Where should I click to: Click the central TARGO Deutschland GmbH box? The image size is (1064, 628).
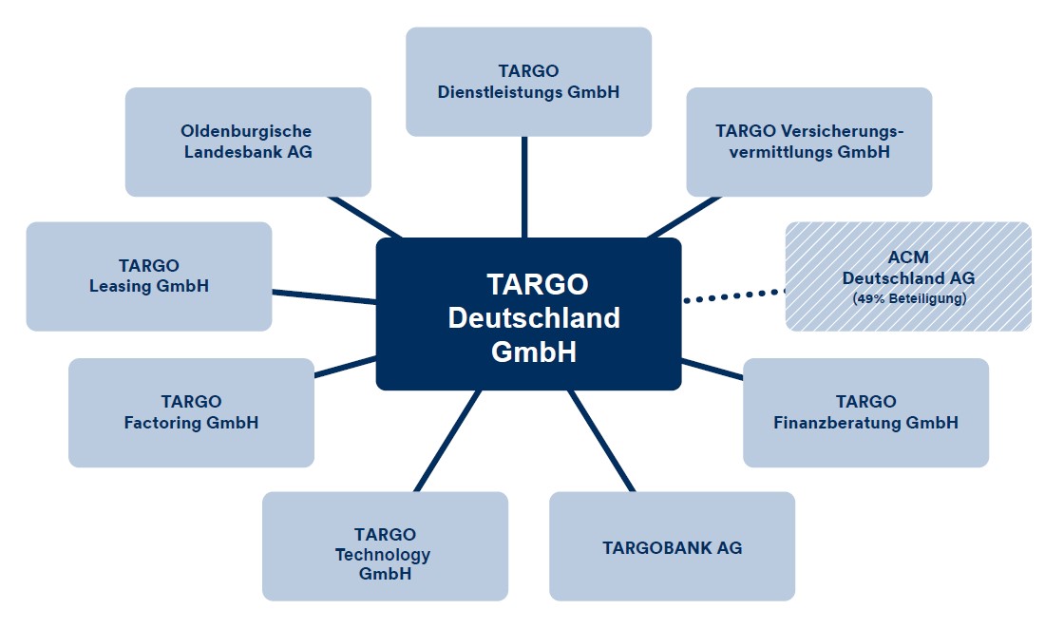[x=528, y=314]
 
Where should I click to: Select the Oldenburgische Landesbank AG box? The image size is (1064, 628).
[x=247, y=142]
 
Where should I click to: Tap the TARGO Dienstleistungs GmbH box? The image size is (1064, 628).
[x=528, y=81]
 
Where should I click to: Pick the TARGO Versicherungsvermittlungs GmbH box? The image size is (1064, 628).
[x=808, y=142]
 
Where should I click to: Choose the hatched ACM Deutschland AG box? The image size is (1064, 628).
[x=907, y=276]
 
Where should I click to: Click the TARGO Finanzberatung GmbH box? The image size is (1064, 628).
[x=865, y=412]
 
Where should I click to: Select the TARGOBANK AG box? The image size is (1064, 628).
[x=672, y=546]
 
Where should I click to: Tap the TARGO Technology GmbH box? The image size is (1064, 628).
[x=385, y=546]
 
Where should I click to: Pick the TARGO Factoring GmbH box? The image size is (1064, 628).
[x=191, y=412]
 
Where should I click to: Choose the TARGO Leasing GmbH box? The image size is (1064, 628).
[x=148, y=276]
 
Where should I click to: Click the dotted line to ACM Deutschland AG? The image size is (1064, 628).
[x=733, y=295]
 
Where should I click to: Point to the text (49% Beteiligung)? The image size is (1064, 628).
[x=908, y=299]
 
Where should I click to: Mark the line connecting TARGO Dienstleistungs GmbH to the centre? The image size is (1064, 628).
[x=524, y=186]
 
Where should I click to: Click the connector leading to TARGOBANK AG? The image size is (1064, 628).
[x=600, y=441]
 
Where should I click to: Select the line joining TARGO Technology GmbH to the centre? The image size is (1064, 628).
[x=448, y=441]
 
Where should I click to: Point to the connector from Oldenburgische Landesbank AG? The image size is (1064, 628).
[x=366, y=218]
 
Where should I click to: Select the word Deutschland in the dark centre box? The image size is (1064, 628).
[x=534, y=317]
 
